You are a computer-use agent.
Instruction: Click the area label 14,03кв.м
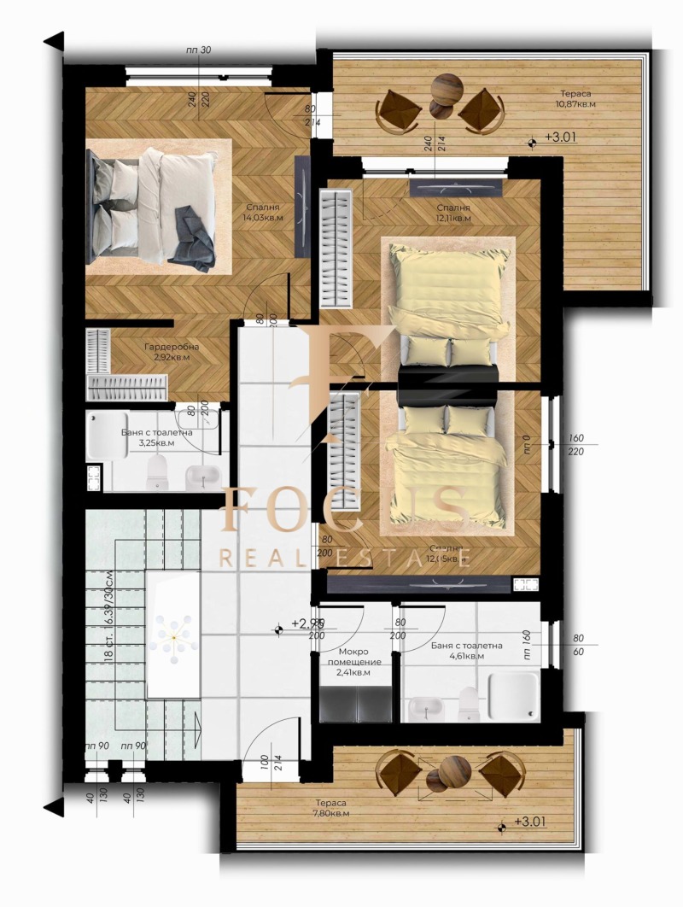[263, 218]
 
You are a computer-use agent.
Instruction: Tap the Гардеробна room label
[172, 347]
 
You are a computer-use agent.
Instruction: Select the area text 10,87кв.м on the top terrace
[577, 104]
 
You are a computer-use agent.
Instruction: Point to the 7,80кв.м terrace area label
[330, 813]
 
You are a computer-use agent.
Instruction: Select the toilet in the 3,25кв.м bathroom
[157, 471]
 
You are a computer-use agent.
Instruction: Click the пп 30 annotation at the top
[197, 50]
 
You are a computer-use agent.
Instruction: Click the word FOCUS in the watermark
[341, 510]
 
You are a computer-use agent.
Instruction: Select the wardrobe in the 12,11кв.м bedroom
[335, 249]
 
